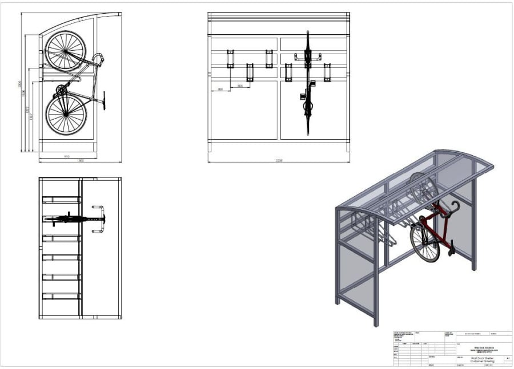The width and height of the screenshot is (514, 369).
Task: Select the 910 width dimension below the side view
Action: [x=67, y=156]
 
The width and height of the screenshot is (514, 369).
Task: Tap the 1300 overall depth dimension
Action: [x=80, y=161]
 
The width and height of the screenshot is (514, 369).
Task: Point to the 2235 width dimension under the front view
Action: [x=279, y=161]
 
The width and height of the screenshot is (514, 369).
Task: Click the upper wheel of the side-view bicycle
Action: [x=65, y=50]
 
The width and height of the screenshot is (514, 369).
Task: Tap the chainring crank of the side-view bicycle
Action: [x=61, y=90]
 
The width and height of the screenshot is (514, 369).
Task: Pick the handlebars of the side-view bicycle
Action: [x=98, y=58]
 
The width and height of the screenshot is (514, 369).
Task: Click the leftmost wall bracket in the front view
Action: [x=230, y=59]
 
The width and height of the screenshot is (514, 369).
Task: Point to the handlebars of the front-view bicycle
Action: [x=308, y=56]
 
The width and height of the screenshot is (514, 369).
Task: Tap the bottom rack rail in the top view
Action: [x=62, y=296]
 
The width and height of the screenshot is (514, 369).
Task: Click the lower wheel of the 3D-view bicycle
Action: [x=424, y=242]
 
